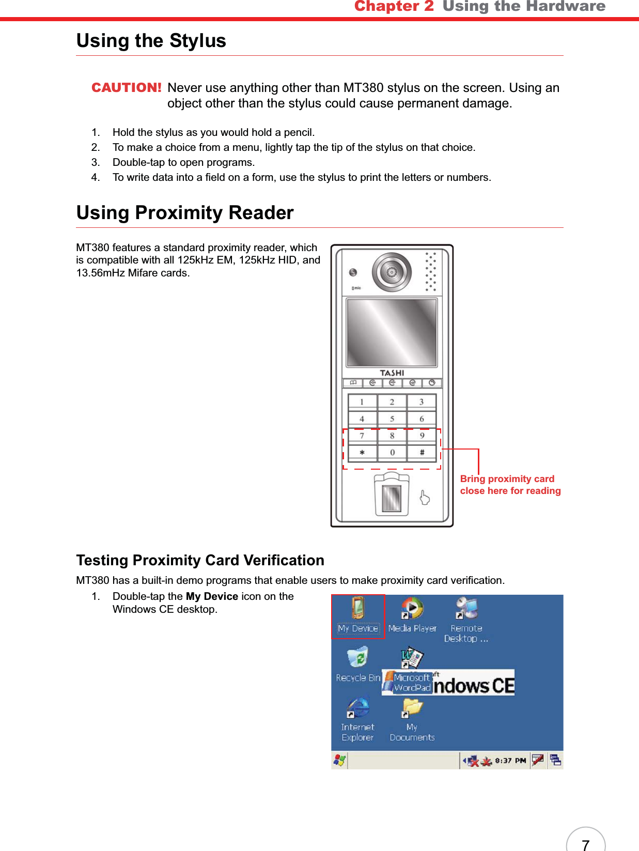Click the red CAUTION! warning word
[126, 87]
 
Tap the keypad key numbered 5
[392, 419]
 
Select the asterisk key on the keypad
[362, 453]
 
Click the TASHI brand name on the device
[392, 373]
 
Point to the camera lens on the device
[392, 272]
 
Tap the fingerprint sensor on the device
[391, 499]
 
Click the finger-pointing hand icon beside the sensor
[425, 497]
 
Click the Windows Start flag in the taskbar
[339, 760]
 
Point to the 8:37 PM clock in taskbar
[510, 761]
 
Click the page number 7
[585, 844]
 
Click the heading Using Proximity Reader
[185, 213]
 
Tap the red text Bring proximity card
[507, 479]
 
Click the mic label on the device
[356, 288]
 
